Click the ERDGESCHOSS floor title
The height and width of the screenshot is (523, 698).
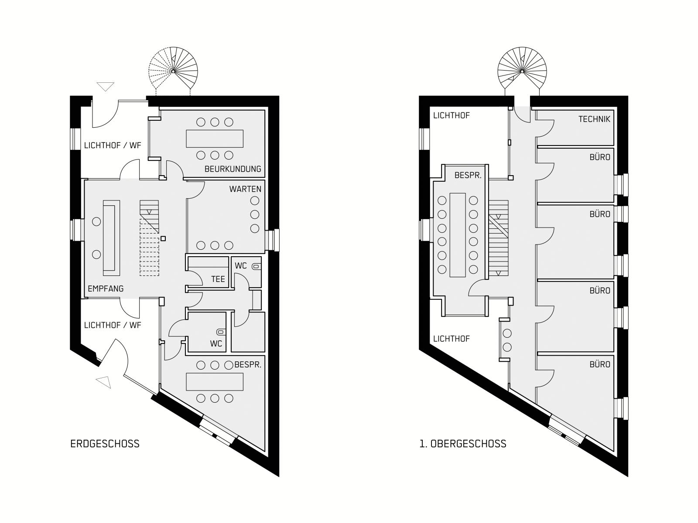click(105, 444)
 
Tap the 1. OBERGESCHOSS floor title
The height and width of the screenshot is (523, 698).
click(463, 444)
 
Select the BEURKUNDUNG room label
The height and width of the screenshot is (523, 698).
click(233, 169)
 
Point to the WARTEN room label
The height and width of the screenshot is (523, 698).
click(245, 189)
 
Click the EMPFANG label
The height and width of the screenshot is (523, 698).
click(106, 289)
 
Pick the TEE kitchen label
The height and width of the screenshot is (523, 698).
click(218, 279)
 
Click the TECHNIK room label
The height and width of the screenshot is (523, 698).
click(594, 119)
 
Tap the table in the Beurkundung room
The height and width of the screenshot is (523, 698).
click(215, 139)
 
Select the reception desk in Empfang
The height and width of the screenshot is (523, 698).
click(111, 238)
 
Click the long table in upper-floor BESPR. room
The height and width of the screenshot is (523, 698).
click(458, 235)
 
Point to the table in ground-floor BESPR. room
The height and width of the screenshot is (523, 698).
click(215, 382)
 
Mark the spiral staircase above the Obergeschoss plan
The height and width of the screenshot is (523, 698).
click(522, 71)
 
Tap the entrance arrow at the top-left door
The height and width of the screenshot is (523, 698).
click(106, 86)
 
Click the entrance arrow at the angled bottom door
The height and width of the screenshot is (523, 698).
click(104, 382)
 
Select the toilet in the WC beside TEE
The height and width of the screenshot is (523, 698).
click(257, 266)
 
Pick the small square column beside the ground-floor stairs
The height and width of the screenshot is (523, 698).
click(163, 238)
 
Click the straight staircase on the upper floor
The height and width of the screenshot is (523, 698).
click(499, 238)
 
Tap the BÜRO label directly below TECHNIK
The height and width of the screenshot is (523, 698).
click(600, 157)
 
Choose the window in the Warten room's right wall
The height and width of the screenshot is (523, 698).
click(272, 240)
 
